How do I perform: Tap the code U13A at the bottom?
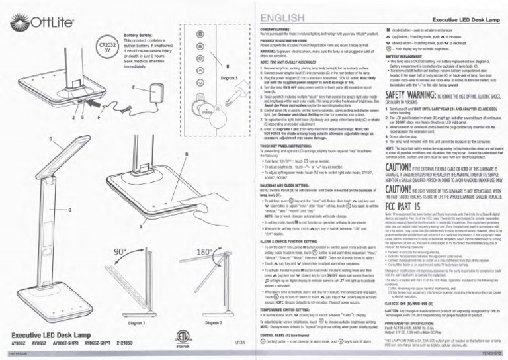click(239, 343)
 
